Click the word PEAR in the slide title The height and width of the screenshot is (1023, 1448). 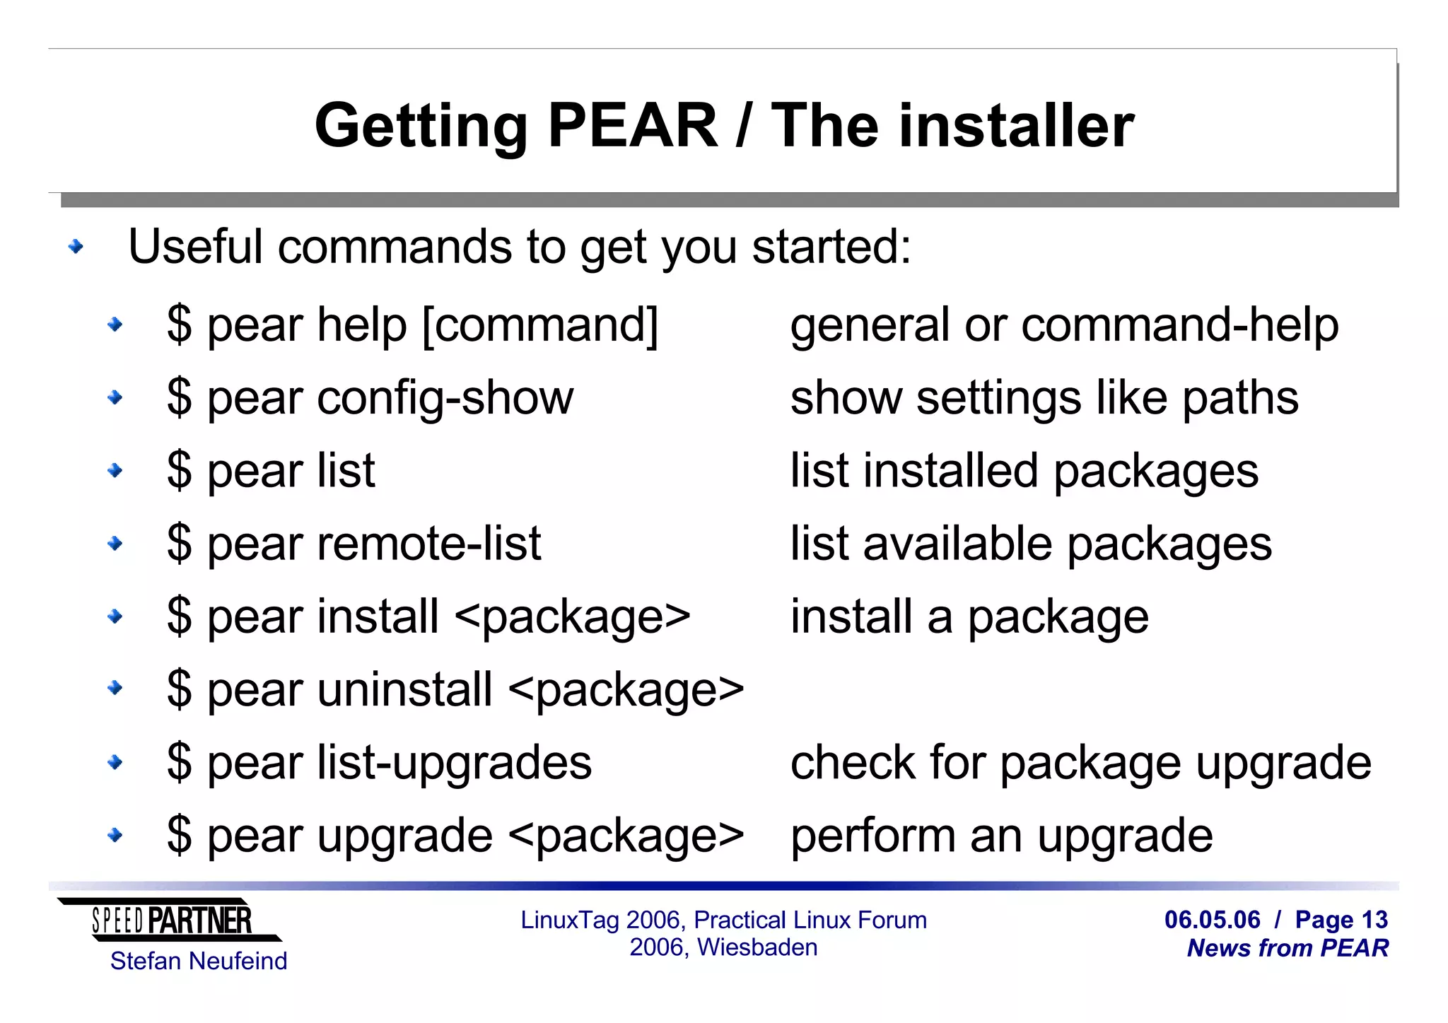click(x=633, y=126)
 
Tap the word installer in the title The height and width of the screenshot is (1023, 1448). click(x=1016, y=126)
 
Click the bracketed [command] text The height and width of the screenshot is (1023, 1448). click(x=540, y=325)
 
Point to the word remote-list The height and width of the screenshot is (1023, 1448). click(x=429, y=544)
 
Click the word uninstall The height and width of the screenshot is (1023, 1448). click(x=404, y=689)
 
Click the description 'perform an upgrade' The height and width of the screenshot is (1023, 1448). click(x=1001, y=836)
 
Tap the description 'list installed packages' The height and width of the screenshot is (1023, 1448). click(x=1024, y=471)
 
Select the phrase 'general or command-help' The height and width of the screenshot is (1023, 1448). click(x=1064, y=325)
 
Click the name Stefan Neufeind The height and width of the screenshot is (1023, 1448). click(x=199, y=961)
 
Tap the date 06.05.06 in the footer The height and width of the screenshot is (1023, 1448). click(x=1212, y=920)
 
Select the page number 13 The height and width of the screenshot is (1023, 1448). click(x=1374, y=920)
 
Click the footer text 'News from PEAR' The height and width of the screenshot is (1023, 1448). click(x=1288, y=948)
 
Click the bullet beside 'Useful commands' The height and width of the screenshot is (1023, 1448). click(x=76, y=247)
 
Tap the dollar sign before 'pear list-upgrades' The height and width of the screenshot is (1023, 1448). click(x=179, y=763)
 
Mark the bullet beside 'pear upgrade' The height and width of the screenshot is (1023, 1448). click(x=115, y=836)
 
